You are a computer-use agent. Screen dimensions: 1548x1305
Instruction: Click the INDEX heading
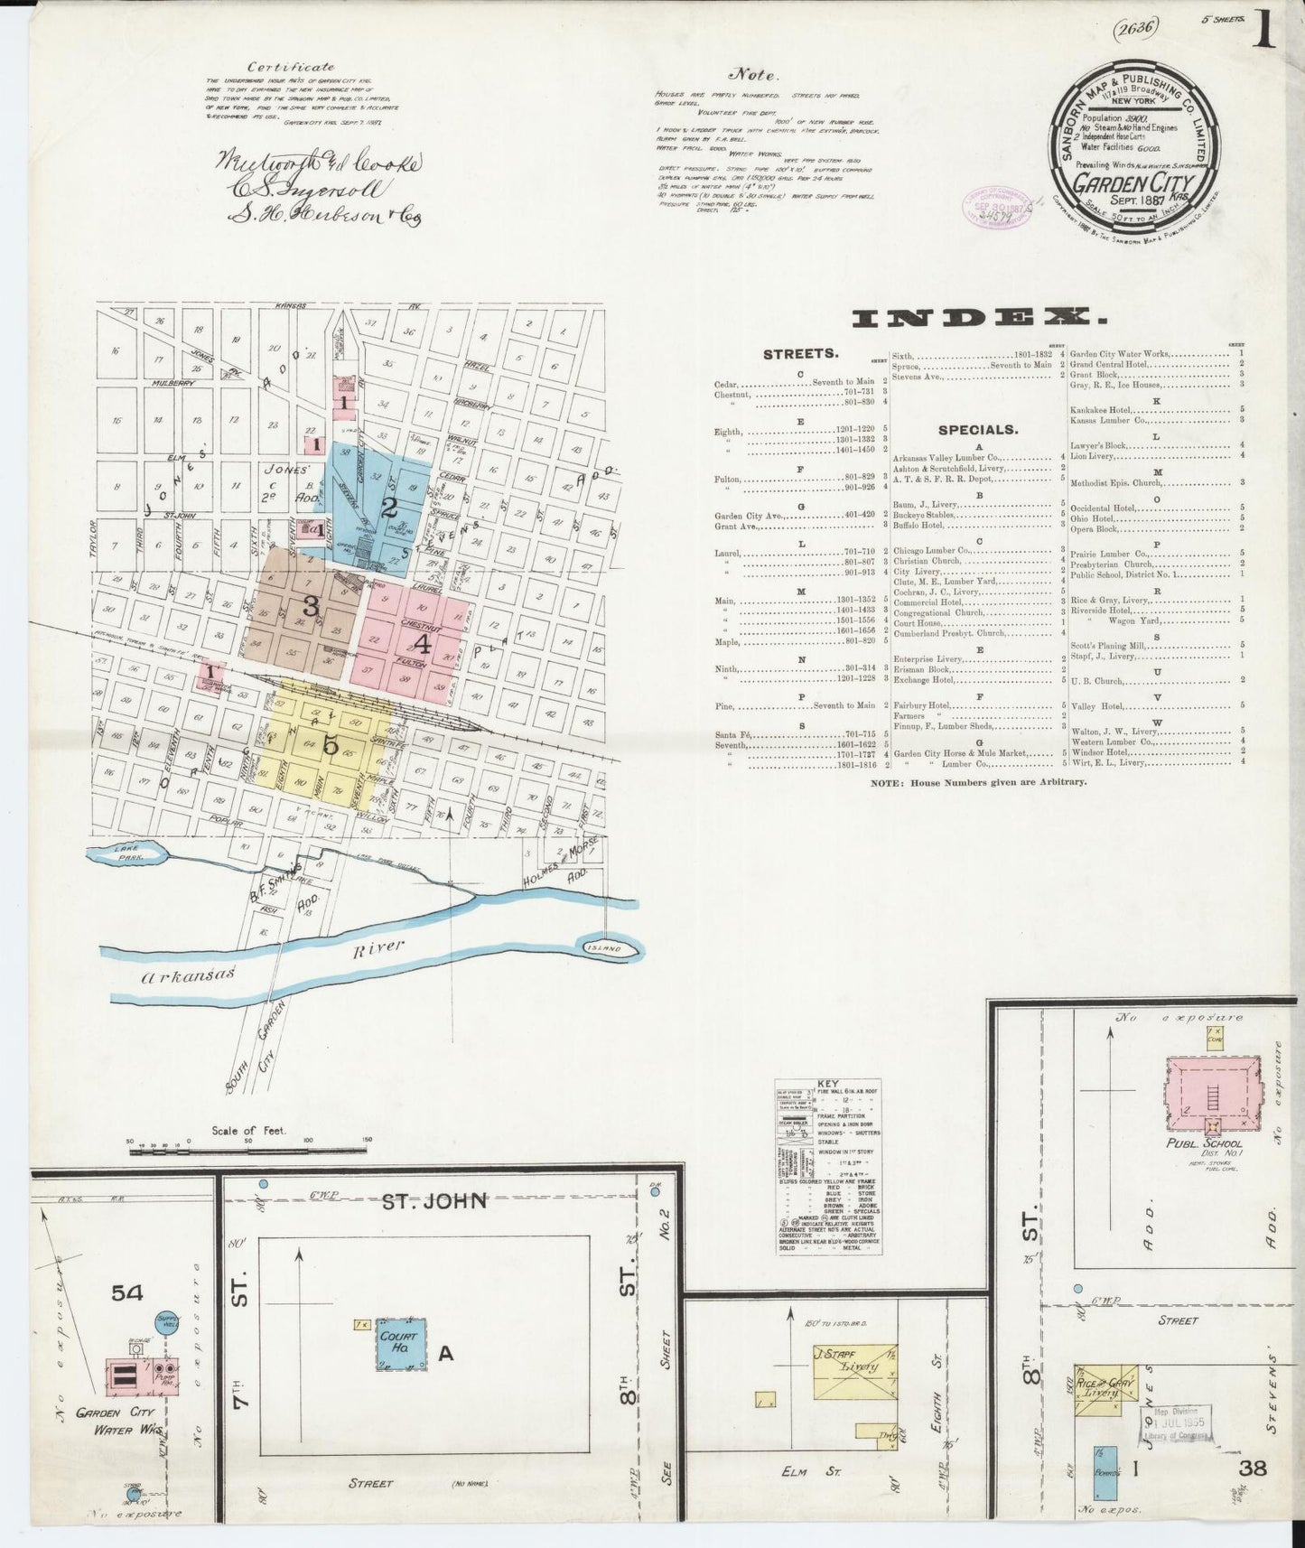(x=979, y=317)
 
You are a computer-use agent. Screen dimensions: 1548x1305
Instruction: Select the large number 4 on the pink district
(x=421, y=643)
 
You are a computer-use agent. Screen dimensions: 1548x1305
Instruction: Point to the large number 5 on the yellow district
(x=330, y=746)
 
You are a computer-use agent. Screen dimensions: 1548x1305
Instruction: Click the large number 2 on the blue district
(x=389, y=507)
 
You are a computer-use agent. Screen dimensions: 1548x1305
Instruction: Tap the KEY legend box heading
(x=827, y=1082)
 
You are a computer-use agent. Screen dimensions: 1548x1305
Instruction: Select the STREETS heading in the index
(x=801, y=354)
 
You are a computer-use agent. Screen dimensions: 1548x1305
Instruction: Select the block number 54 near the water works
(x=127, y=1293)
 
